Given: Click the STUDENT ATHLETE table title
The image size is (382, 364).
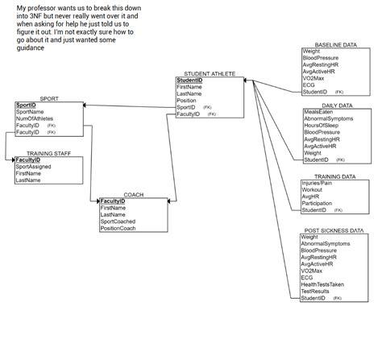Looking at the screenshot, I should tap(210, 73).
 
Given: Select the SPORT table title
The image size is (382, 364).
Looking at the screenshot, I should tap(48, 98).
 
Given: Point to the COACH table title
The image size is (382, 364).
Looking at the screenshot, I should tap(133, 194).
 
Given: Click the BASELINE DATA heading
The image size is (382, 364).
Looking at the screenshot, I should tap(336, 45).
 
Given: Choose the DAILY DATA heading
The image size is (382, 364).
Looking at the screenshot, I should tap(337, 105).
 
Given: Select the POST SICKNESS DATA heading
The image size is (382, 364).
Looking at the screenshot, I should tap(334, 230).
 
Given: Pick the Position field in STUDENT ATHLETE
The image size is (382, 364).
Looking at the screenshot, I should tap(186, 101).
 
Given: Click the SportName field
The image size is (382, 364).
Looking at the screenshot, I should tap(30, 112).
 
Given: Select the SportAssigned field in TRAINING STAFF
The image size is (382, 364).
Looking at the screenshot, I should tap(34, 167).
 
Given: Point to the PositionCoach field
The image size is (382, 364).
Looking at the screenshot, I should tap(118, 229).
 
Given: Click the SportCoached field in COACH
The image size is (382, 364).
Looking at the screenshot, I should tap(118, 222).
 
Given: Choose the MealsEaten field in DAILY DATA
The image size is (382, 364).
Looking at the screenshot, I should tap(318, 112).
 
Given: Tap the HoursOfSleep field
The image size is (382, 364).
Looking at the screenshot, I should tap(322, 125).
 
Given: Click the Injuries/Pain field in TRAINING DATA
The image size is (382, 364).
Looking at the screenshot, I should tap(317, 183).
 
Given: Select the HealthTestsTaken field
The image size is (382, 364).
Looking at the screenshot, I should tap(322, 284).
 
